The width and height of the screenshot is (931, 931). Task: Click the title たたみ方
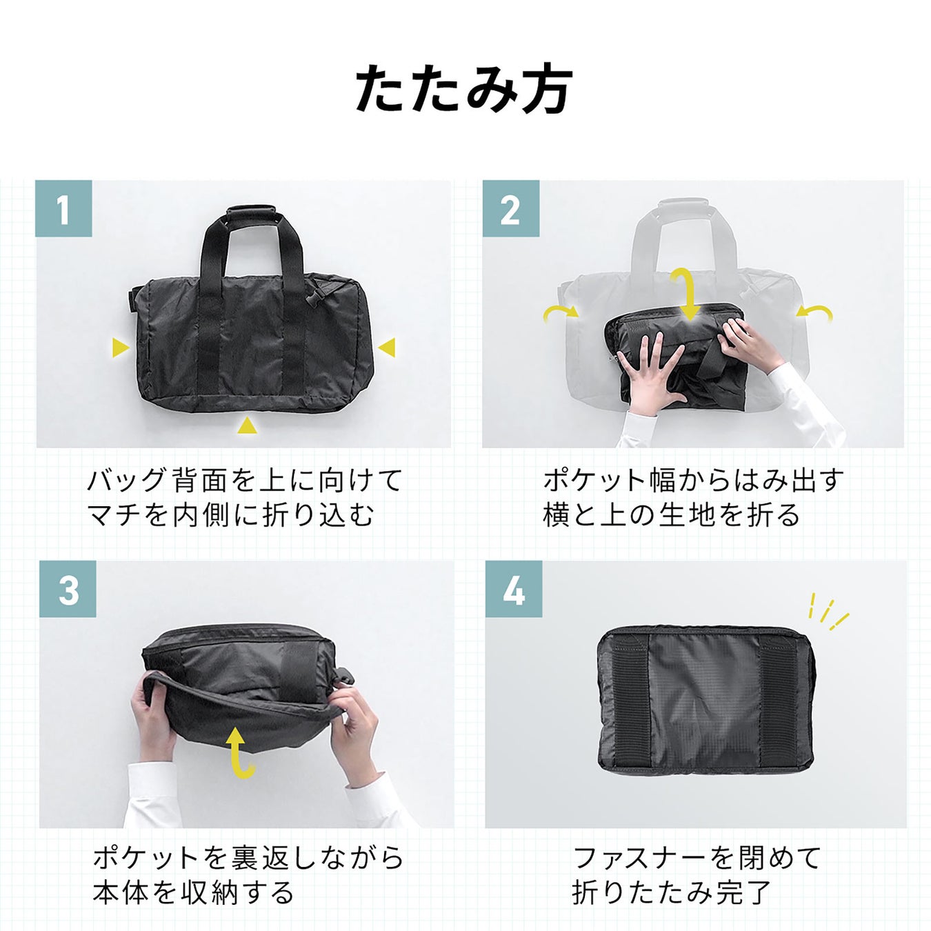click(464, 90)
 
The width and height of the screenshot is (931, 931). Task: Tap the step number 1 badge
click(63, 209)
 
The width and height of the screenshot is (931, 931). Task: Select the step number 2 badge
click(511, 209)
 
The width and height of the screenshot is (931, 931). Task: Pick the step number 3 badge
click(68, 589)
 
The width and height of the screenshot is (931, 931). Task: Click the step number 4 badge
click(514, 589)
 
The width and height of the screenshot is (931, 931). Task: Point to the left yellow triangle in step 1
click(120, 347)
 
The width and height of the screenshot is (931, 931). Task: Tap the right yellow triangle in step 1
click(386, 347)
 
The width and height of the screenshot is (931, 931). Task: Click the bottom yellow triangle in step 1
click(247, 426)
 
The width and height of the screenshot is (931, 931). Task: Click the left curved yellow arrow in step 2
click(560, 313)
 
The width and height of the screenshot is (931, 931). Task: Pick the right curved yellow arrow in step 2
click(814, 312)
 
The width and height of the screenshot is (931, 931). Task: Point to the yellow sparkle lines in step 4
click(828, 611)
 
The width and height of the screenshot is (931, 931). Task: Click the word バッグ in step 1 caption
click(127, 481)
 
